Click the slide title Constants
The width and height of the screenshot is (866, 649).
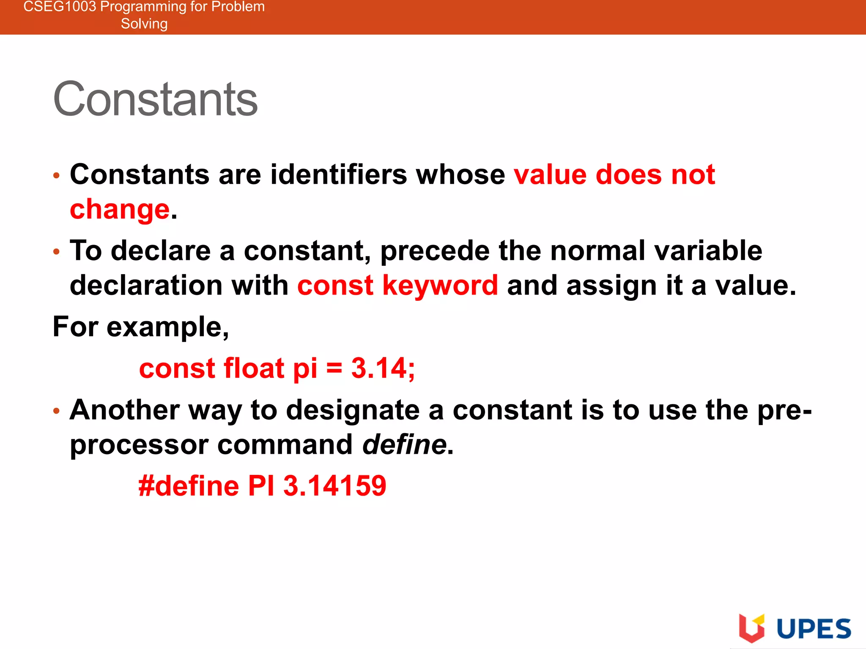[x=155, y=99]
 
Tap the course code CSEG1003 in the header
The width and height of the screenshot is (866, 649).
[x=60, y=7]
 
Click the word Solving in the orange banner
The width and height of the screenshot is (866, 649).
[x=144, y=24]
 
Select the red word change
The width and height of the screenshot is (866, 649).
[x=120, y=210]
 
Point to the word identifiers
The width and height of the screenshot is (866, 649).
[x=339, y=175]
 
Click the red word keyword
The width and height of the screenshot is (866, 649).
[x=440, y=286]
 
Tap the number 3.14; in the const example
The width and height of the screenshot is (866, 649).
[x=383, y=368]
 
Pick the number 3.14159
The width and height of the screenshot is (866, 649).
[x=334, y=486]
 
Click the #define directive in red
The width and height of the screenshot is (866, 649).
[x=189, y=486]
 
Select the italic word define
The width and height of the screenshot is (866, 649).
[x=405, y=445]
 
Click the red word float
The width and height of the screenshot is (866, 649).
[x=254, y=368]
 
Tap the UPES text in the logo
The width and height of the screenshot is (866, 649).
[x=814, y=629]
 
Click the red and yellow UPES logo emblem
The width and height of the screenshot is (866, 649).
[x=751, y=627]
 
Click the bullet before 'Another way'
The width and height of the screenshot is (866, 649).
[x=57, y=411]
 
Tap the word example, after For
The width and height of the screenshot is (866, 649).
[x=168, y=328]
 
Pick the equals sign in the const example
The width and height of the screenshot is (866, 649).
[x=334, y=368]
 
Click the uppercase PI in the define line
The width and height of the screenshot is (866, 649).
[x=261, y=486]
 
